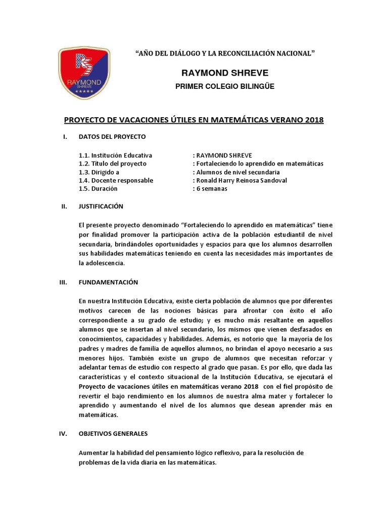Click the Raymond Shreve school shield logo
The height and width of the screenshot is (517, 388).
(83, 73)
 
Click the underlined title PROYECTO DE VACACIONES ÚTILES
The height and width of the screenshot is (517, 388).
(193, 120)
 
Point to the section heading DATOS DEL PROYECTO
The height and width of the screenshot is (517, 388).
(112, 137)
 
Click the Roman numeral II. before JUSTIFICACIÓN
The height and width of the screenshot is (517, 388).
(64, 206)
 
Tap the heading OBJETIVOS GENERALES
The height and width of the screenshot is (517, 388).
(113, 434)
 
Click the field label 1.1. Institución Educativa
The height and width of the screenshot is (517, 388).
(115, 155)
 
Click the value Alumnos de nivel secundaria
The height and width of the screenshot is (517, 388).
(235, 172)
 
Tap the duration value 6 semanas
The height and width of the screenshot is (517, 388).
(212, 188)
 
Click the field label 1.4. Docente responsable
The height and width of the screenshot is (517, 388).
(116, 180)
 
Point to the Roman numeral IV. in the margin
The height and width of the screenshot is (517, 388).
(64, 434)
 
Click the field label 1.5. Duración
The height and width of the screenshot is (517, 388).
(98, 188)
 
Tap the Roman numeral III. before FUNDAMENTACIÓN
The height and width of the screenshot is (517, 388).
(64, 282)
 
